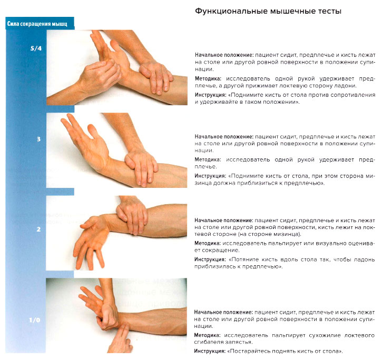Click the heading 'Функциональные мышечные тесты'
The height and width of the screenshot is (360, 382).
point(268,11)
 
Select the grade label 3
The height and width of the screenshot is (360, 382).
point(38,139)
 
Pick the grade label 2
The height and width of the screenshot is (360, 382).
point(38,229)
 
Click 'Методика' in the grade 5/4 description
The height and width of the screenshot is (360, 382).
point(209,78)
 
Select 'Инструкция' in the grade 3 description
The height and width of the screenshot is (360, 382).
point(211,176)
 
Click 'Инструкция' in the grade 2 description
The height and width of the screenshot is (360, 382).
point(211,259)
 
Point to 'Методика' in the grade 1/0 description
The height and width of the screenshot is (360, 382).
point(209,335)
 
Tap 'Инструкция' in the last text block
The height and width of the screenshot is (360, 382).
point(211,351)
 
